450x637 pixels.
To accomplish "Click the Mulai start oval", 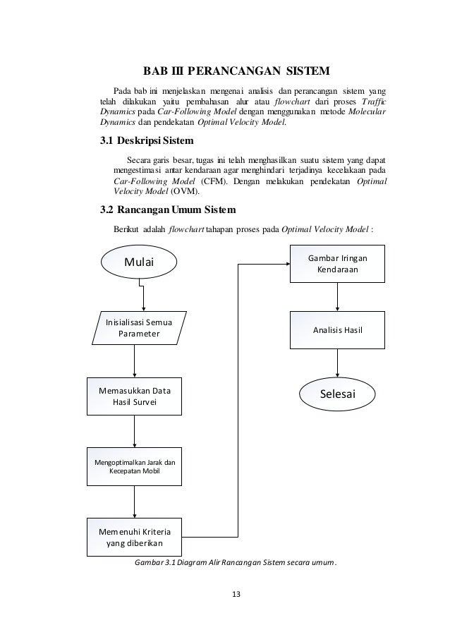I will [139, 263].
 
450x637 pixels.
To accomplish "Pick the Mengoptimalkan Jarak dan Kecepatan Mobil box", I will [134, 466].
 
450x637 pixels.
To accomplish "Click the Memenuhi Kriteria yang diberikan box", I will [133, 537].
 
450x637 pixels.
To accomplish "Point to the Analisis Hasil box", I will [337, 329].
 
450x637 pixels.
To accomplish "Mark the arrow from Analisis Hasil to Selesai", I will [337, 364].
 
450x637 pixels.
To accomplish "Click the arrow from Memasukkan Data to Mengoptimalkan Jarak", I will [134, 430].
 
